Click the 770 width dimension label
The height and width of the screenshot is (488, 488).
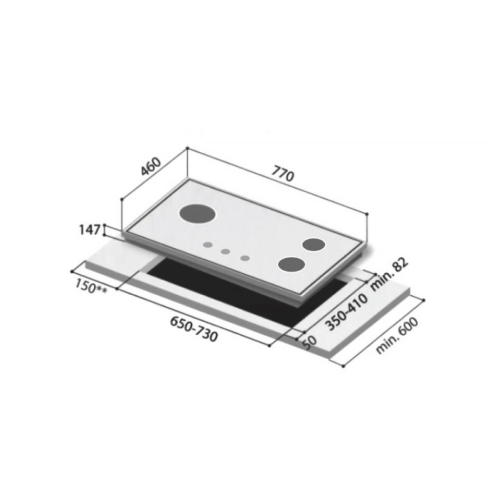[284, 174]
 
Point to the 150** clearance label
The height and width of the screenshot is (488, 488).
[91, 286]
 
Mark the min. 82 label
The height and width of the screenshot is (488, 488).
[388, 276]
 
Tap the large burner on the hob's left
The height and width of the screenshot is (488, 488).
[197, 213]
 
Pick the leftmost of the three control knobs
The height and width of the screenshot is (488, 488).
[208, 244]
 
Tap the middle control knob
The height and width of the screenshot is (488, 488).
[225, 252]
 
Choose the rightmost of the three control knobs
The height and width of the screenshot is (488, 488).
[245, 258]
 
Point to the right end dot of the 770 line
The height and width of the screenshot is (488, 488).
[366, 213]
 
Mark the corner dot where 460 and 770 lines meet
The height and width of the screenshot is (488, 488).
[187, 148]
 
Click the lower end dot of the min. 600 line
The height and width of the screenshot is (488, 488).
[344, 366]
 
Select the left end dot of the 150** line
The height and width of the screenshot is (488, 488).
[72, 269]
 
